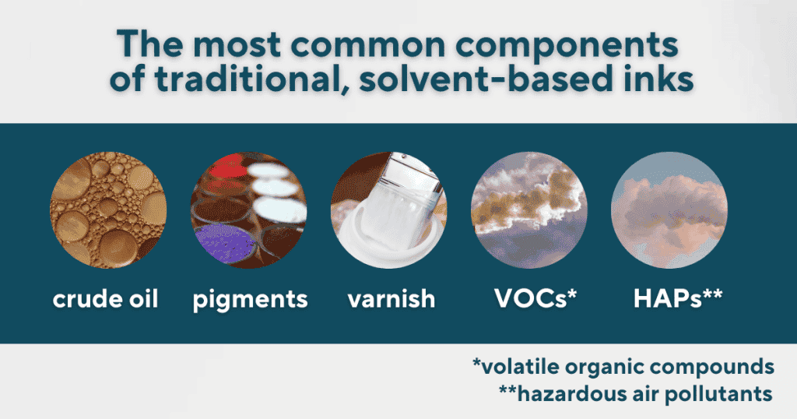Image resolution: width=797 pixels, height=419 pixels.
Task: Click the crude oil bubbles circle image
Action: pyautogui.click(x=108, y=210)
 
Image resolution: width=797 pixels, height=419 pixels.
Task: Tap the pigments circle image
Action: pyautogui.click(x=248, y=210)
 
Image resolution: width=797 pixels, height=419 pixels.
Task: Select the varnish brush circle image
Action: pyautogui.click(x=389, y=210)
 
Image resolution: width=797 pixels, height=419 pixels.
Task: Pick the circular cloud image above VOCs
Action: pyautogui.click(x=529, y=210)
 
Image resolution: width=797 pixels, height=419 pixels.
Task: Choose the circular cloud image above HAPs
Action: pyautogui.click(x=669, y=210)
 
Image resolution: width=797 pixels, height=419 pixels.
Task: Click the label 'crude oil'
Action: pyautogui.click(x=106, y=298)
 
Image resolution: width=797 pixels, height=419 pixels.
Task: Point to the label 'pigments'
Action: pyautogui.click(x=250, y=300)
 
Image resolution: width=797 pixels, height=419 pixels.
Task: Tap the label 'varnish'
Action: pyautogui.click(x=391, y=298)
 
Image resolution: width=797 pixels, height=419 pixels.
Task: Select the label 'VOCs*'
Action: pyautogui.click(x=535, y=298)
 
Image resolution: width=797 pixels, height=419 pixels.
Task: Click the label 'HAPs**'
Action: pyautogui.click(x=678, y=298)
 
